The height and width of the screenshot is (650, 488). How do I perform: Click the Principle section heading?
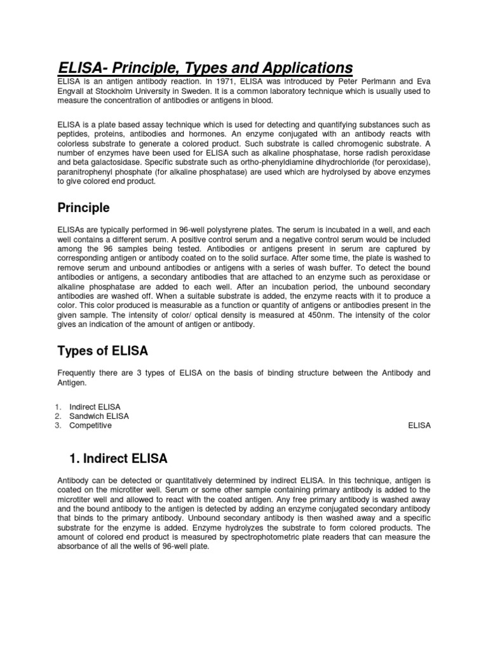[x=83, y=208]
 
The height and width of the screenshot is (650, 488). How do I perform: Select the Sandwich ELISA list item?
[x=99, y=416]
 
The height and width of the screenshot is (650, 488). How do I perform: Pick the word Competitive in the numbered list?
[x=90, y=425]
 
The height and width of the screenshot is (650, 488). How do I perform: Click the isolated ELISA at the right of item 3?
[x=419, y=425]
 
